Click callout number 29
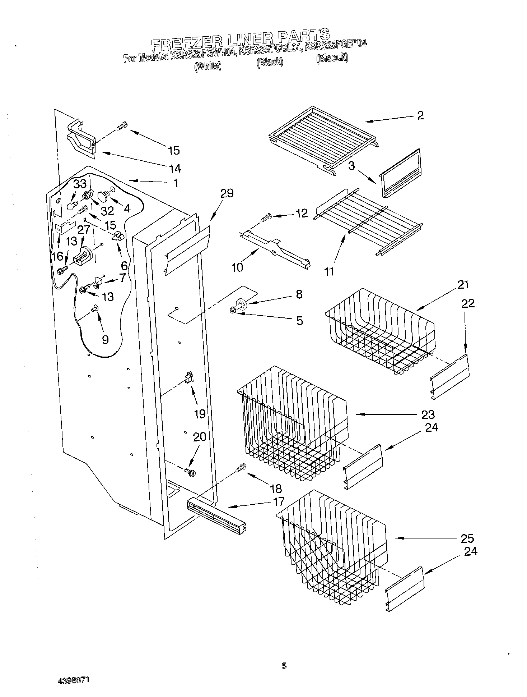pos(227,193)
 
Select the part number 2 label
pos(420,115)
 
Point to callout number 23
pos(428,414)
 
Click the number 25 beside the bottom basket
pos(467,538)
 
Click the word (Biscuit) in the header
pos(332,59)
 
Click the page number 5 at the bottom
pos(284,666)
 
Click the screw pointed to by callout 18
pos(241,468)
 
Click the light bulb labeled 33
pos(71,206)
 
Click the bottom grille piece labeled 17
pos(216,515)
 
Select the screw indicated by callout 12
pos(266,218)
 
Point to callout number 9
pos(105,339)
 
